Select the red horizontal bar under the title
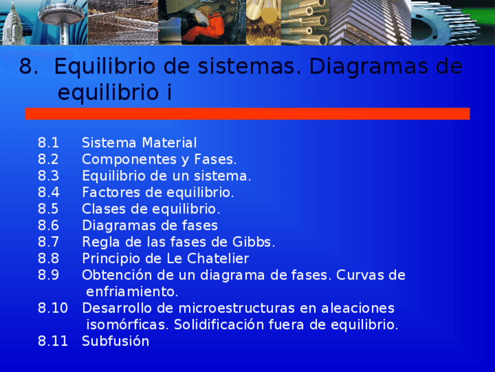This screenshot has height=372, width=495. [247, 113]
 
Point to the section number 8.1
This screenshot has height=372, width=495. [48, 143]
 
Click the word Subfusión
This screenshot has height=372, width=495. [116, 342]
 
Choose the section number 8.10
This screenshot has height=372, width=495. [53, 308]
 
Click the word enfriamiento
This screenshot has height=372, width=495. [132, 291]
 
